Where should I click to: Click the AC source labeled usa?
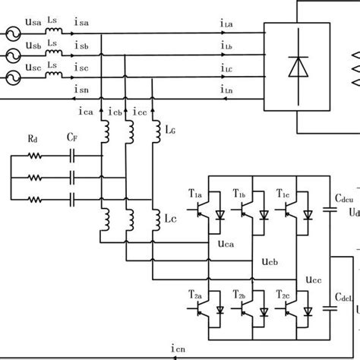coord(14,34)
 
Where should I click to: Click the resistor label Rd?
coord(33,140)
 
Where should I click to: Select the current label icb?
coord(115,112)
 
